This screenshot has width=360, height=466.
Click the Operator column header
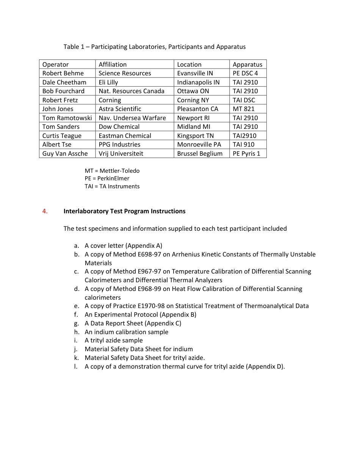click(x=55, y=64)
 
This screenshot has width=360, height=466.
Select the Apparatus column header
click(x=247, y=64)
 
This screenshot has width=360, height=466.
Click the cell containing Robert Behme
click(x=63, y=73)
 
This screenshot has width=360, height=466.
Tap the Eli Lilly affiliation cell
click(x=108, y=82)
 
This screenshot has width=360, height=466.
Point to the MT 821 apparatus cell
click(x=243, y=109)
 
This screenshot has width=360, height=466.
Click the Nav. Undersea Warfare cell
click(x=132, y=118)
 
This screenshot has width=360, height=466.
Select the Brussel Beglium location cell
click(x=200, y=153)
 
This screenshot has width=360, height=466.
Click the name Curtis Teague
click(x=62, y=136)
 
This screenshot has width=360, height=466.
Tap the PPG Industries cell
click(x=119, y=144)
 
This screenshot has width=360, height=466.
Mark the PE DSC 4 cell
click(x=245, y=73)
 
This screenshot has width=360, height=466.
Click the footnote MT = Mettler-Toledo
click(x=112, y=171)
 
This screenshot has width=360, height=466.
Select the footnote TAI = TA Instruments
click(x=112, y=186)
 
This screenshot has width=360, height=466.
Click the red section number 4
click(x=45, y=211)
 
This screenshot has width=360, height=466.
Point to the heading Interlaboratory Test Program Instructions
click(x=124, y=211)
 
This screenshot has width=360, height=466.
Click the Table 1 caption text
click(x=154, y=47)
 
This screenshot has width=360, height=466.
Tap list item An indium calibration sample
click(x=126, y=332)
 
